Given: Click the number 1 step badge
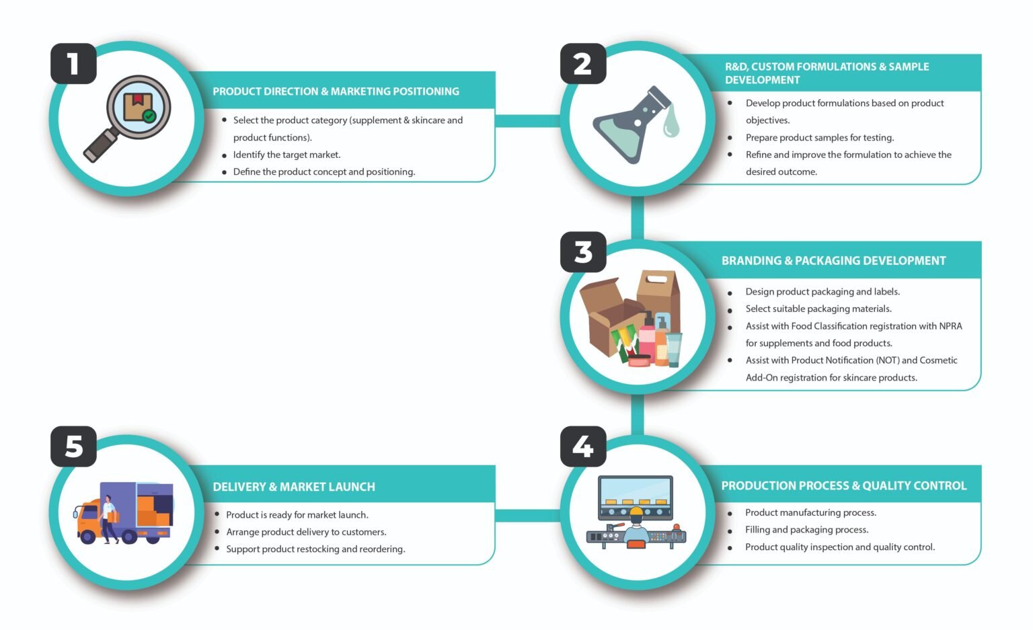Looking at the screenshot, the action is tap(73, 64).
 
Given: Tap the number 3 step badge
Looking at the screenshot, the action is tap(583, 252).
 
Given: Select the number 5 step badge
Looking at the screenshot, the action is tap(73, 446).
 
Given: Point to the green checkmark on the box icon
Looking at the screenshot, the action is tap(149, 116).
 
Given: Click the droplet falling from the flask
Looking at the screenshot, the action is tap(671, 121).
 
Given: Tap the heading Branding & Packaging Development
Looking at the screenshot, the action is tap(833, 261).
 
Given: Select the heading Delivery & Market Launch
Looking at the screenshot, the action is tap(294, 487).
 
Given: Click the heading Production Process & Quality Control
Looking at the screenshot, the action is tap(844, 485).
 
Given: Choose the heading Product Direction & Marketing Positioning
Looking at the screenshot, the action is tap(336, 91).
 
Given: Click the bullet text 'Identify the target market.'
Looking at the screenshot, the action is tap(286, 155).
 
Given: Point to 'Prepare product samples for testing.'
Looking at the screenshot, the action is tap(820, 137).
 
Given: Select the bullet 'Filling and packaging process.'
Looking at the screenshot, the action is tap(806, 529).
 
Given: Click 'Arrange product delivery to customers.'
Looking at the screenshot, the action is tap(306, 532).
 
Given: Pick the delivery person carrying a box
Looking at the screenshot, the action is tap(110, 519).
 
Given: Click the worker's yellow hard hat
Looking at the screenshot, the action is tap(636, 511).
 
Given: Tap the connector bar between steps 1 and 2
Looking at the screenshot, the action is tap(527, 121).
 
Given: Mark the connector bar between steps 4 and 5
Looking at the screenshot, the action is tap(527, 515).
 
